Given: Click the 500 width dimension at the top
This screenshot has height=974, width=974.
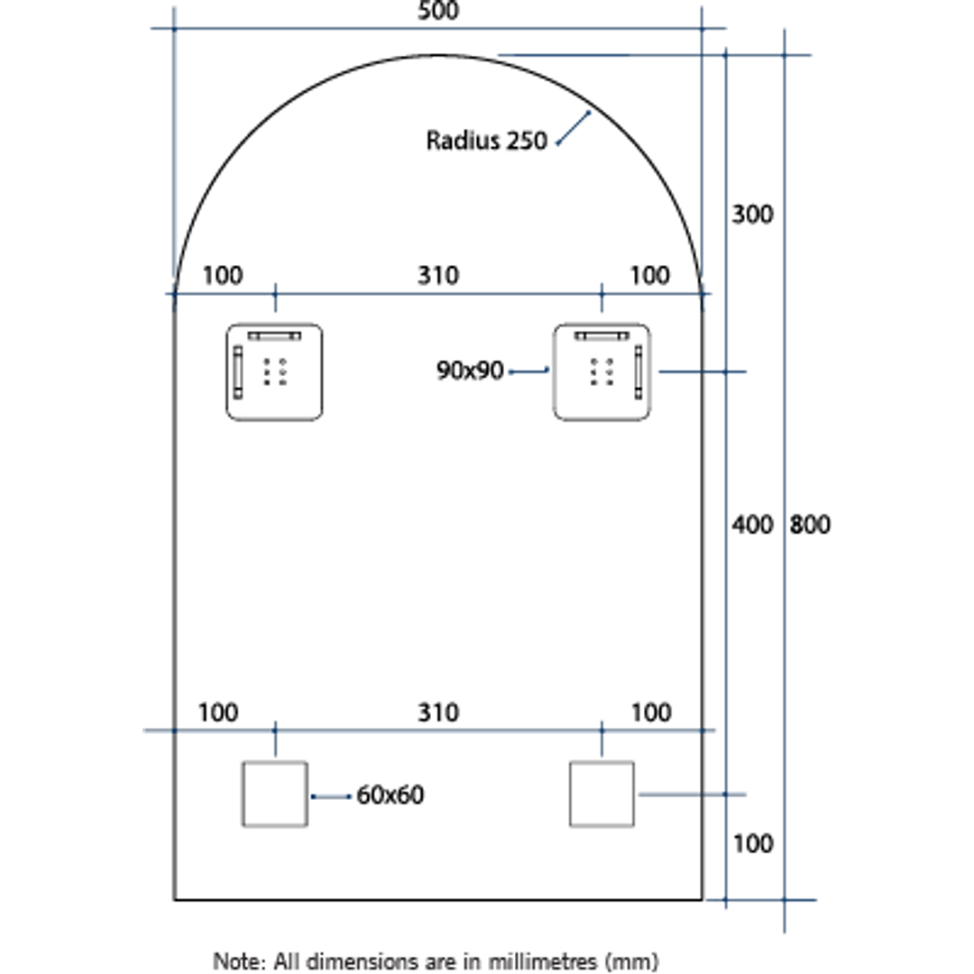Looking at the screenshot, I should [x=438, y=12].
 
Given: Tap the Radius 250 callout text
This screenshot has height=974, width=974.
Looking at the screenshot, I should [x=487, y=141].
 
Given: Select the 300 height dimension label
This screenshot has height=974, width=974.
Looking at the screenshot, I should [x=752, y=215].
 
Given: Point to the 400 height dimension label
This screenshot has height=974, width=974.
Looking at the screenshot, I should [x=752, y=524].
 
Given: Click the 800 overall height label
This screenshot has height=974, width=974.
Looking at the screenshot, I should [x=810, y=524].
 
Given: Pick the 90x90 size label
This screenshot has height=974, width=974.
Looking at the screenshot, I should [x=470, y=370].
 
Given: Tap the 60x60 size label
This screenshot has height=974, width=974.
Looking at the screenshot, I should [x=390, y=795].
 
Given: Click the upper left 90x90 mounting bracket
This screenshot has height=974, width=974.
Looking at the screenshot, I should [x=274, y=372].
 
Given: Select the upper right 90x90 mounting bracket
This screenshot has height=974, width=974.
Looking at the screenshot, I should [x=602, y=372].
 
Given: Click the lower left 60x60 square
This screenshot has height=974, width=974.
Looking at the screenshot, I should [x=274, y=794].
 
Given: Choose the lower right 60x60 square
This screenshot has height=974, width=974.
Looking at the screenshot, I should [x=602, y=794].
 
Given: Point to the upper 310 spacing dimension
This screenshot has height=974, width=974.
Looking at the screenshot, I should [x=438, y=275].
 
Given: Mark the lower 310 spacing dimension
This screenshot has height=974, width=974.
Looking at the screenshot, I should [x=438, y=712].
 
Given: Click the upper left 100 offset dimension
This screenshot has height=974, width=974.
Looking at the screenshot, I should [x=222, y=275].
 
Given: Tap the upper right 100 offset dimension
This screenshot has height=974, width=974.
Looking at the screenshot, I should [x=649, y=275].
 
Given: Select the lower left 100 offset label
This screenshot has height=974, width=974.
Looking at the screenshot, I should [x=218, y=712].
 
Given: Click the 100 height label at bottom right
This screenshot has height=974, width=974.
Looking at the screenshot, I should [x=752, y=844].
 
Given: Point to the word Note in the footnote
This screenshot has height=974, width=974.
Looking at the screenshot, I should [x=233, y=960].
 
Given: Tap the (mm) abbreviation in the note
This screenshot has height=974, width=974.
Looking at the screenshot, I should [x=631, y=960].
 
